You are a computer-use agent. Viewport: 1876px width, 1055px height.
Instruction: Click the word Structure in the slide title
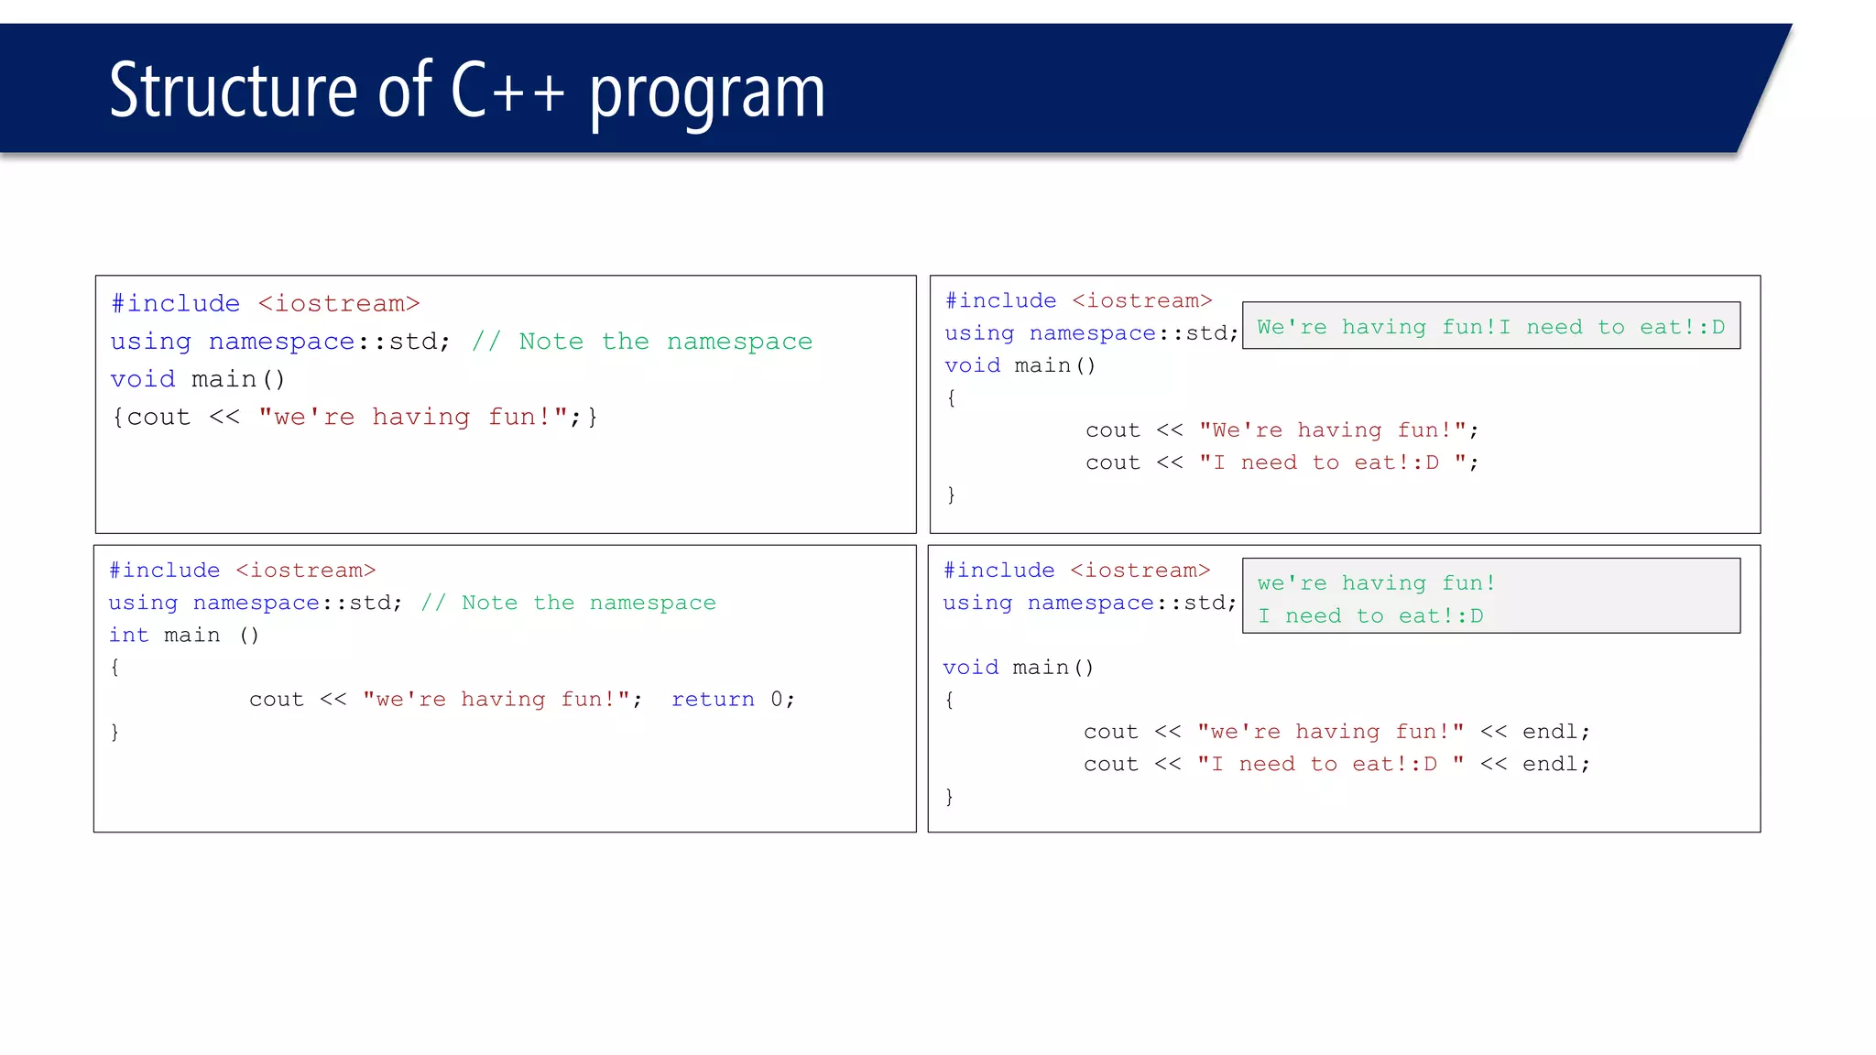[x=233, y=90]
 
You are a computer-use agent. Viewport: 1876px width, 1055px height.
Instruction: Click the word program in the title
[x=706, y=92]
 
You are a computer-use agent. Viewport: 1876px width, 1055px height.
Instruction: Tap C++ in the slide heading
[x=507, y=90]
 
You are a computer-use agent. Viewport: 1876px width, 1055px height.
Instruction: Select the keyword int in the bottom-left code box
[x=128, y=636]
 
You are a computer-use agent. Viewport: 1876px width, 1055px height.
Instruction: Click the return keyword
[x=713, y=700]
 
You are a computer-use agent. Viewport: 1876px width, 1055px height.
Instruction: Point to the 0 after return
[x=777, y=700]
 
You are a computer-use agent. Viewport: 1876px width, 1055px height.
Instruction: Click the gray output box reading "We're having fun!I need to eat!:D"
[x=1490, y=327]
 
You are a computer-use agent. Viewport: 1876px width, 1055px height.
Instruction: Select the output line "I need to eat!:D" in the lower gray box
[x=1369, y=616]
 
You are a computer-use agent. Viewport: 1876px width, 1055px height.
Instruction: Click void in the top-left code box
[x=143, y=379]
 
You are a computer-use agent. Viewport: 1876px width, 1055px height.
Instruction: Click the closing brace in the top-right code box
[x=951, y=495]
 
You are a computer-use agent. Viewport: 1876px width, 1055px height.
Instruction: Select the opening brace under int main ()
[x=115, y=667]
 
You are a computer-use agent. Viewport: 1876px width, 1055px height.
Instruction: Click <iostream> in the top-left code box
[x=338, y=303]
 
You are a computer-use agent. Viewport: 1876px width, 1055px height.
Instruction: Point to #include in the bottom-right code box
[x=998, y=571]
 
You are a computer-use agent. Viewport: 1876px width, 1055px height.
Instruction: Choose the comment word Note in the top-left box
[x=551, y=342]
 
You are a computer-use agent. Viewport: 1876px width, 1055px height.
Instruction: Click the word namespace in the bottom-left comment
[x=652, y=603]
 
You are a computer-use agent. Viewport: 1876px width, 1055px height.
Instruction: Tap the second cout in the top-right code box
[x=1112, y=462]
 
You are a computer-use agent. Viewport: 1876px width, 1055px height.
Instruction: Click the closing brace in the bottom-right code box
[x=949, y=796]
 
